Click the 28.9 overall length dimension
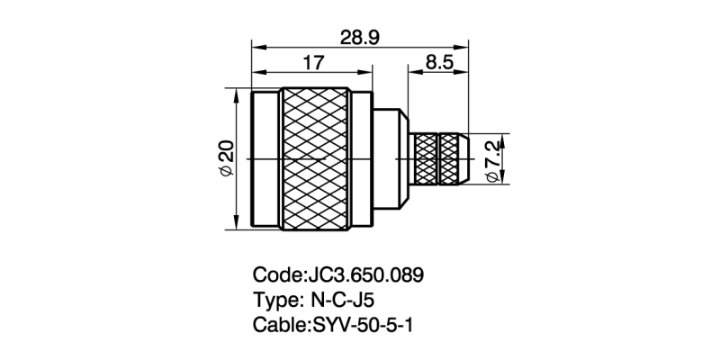pyautogui.click(x=360, y=36)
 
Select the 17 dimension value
pyautogui.click(x=314, y=63)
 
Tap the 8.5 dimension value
pyautogui.click(x=439, y=63)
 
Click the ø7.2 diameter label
pyautogui.click(x=492, y=159)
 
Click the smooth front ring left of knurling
pyautogui.click(x=267, y=159)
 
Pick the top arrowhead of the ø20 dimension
pyautogui.click(x=237, y=93)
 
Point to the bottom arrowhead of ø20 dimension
pyautogui.click(x=237, y=225)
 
